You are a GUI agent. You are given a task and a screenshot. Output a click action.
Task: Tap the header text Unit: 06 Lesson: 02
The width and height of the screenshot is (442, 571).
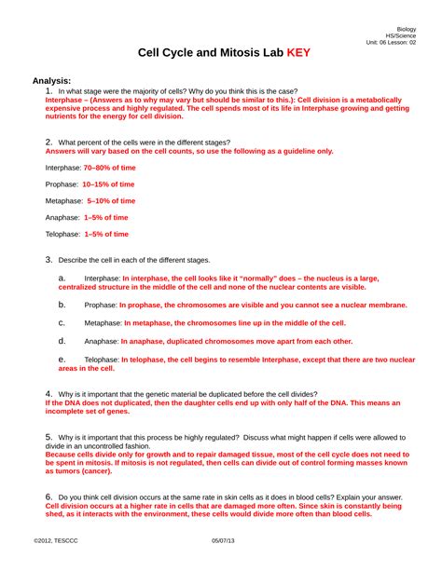tap(391, 43)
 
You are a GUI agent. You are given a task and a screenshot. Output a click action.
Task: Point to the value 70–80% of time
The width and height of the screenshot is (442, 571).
tap(109, 168)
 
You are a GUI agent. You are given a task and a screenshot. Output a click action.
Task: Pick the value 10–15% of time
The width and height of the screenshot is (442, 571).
tap(108, 184)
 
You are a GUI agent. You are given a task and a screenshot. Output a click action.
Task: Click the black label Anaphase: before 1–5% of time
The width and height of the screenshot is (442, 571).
tap(62, 217)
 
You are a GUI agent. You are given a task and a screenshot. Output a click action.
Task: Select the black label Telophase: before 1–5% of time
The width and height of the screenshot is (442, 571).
tap(63, 234)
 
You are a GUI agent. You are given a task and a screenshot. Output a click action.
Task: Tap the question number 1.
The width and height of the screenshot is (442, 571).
tap(48, 91)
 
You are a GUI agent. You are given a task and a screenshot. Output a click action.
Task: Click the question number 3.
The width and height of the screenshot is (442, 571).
tap(48, 259)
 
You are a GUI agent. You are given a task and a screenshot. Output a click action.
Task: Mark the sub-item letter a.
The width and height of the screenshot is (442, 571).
tap(62, 278)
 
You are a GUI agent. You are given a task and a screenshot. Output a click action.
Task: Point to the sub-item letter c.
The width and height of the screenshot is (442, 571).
tap(62, 322)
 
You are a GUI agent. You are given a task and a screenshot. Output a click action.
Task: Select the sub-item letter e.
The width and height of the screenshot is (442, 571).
tap(62, 358)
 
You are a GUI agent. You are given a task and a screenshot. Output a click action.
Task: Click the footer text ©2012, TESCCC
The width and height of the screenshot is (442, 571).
tap(55, 541)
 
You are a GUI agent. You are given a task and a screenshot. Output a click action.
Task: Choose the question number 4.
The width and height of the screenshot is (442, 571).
tap(48, 393)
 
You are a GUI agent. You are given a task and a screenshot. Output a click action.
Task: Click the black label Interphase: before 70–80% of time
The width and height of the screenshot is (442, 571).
tap(62, 168)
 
